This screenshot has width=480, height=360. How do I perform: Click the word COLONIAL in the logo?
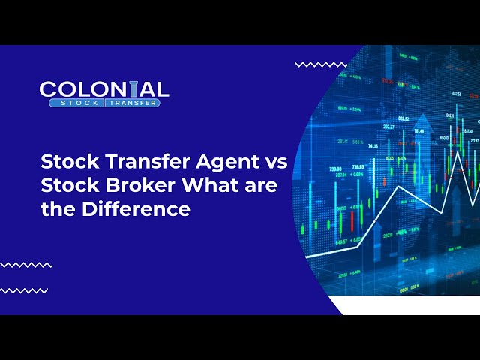click(104, 89)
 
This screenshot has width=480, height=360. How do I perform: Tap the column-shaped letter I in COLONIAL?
click(135, 89)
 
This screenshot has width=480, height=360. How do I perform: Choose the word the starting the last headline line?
click(55, 209)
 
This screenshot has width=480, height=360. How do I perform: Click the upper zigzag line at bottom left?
click(26, 265)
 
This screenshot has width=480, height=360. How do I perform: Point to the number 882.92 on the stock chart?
click(403, 118)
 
